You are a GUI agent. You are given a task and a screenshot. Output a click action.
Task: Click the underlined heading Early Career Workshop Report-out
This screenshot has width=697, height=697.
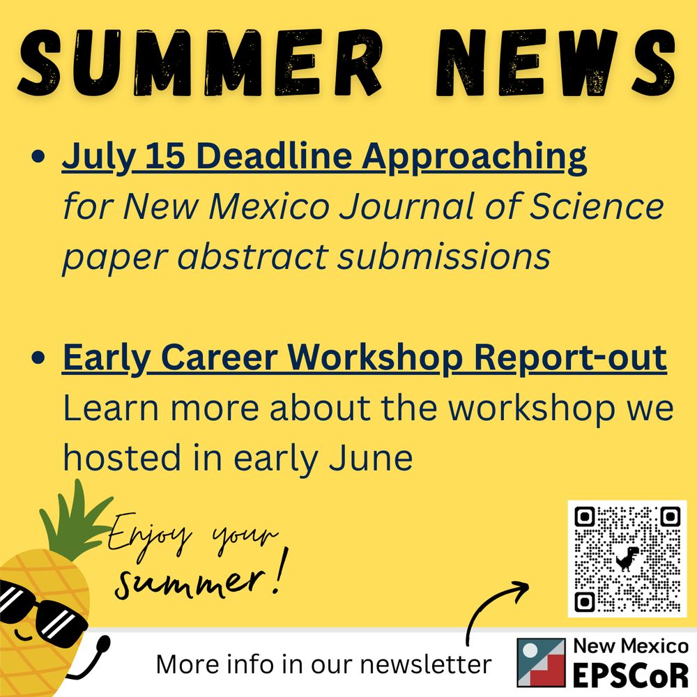[364, 358]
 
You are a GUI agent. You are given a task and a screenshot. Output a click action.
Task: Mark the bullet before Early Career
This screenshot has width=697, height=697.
[40, 360]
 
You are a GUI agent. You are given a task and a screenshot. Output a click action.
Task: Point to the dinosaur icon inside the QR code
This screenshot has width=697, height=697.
[627, 558]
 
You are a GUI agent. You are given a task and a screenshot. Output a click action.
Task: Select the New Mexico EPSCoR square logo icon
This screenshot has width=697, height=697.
[541, 661]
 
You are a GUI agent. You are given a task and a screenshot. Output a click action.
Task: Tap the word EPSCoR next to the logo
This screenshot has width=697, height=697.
[631, 673]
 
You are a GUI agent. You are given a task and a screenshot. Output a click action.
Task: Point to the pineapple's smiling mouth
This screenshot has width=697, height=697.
[23, 636]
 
